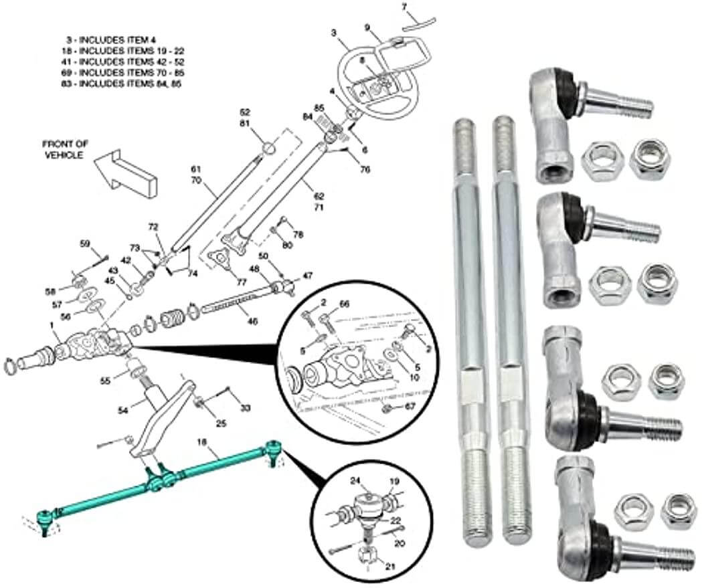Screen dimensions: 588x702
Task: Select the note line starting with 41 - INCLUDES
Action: [x=118, y=62]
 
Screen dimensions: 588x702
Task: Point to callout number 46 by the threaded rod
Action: [x=252, y=321]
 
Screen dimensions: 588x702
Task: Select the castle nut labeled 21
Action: [x=365, y=555]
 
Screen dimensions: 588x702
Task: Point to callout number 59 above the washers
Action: [x=85, y=243]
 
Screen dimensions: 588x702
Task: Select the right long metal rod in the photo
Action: [x=509, y=328]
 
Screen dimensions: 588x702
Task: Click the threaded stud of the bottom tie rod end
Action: [x=663, y=554]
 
